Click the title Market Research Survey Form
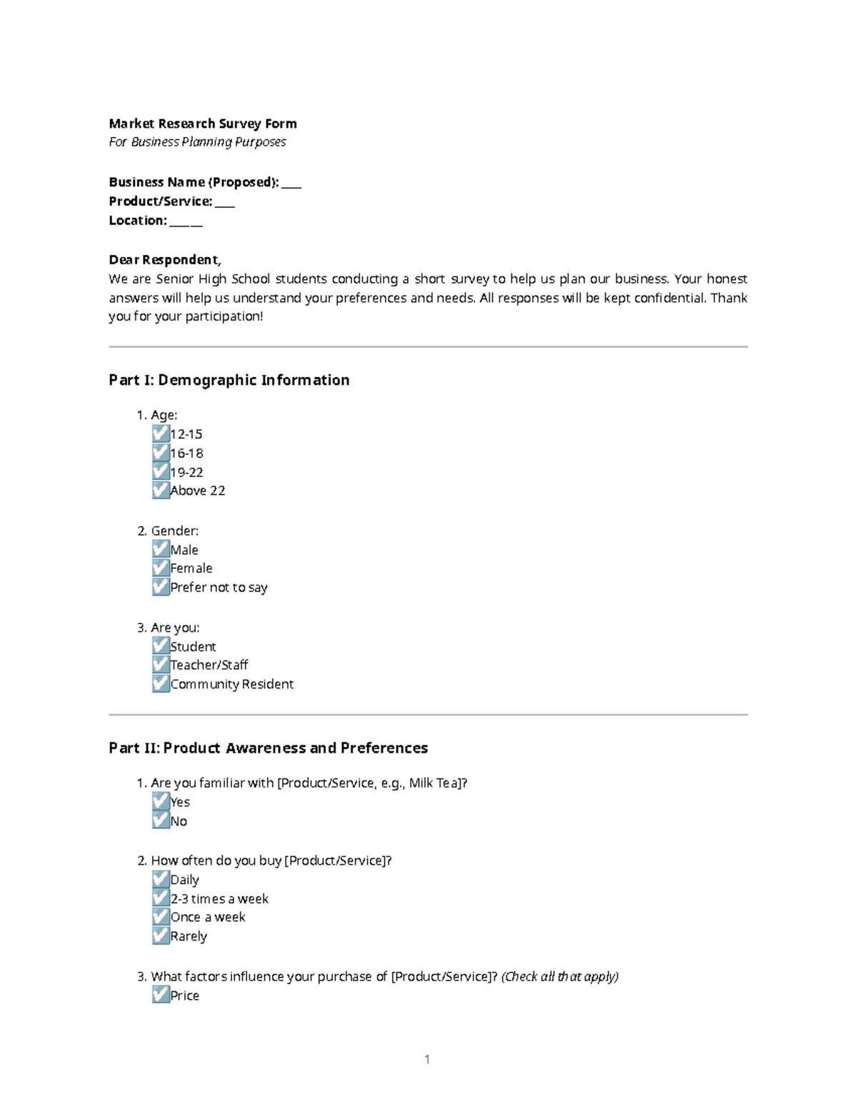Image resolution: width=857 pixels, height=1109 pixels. pyautogui.click(x=203, y=124)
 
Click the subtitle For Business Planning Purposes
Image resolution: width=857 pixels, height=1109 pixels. pyautogui.click(x=197, y=142)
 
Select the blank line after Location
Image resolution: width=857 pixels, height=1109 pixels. pyautogui.click(x=186, y=222)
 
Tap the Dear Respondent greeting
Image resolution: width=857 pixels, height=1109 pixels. pyautogui.click(x=165, y=259)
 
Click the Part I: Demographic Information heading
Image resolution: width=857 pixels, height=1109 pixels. pyautogui.click(x=229, y=380)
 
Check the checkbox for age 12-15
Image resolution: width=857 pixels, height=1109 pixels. pyautogui.click(x=161, y=433)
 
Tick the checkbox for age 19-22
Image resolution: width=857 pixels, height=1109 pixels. pyautogui.click(x=161, y=471)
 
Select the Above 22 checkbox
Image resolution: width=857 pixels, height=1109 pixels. pyautogui.click(x=161, y=490)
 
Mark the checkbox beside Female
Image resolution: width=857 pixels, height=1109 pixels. pyautogui.click(x=161, y=568)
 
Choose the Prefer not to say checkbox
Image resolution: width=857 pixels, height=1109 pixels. pyautogui.click(x=161, y=587)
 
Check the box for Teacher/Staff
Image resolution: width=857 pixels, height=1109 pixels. pyautogui.click(x=161, y=665)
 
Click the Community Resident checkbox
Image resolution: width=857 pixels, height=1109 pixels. pyautogui.click(x=161, y=683)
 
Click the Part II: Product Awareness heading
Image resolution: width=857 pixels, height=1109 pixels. pyautogui.click(x=268, y=748)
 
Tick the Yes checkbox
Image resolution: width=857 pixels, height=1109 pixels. pyautogui.click(x=161, y=801)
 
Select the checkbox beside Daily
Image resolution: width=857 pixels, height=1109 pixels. pyautogui.click(x=161, y=879)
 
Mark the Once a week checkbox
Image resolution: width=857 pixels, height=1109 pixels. pyautogui.click(x=161, y=916)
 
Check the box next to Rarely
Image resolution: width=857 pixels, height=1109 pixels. pyautogui.click(x=161, y=935)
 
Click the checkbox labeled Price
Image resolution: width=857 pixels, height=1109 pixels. pyautogui.click(x=161, y=995)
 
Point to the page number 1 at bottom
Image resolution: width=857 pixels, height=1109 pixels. pyautogui.click(x=427, y=1059)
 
